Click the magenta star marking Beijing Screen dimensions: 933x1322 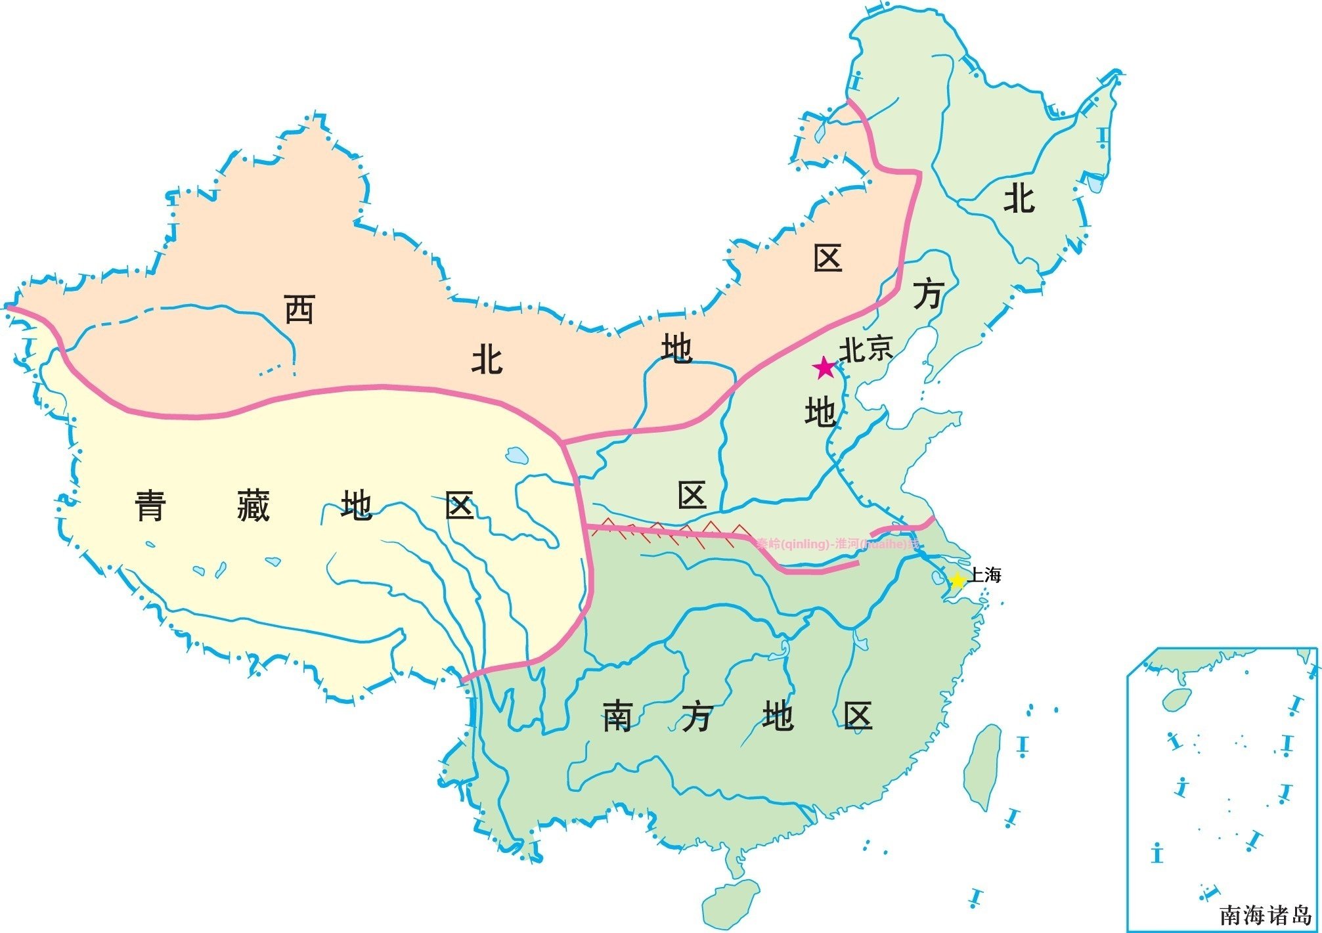[824, 368]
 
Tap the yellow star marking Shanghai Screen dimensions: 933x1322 [957, 580]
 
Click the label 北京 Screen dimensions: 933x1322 [866, 349]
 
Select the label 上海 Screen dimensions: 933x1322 [984, 576]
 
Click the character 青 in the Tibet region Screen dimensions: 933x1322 [150, 506]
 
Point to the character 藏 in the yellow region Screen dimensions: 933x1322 [253, 506]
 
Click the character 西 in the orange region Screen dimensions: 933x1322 [299, 309]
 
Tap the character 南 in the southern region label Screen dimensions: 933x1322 [617, 716]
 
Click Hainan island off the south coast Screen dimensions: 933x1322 [730, 904]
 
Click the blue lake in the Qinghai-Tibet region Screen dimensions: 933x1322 [517, 455]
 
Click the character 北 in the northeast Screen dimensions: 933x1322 [1019, 198]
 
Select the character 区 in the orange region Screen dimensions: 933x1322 [827, 259]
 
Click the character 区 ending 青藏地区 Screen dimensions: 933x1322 [459, 506]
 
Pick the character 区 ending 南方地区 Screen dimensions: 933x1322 [858, 716]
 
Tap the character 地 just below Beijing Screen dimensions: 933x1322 [820, 412]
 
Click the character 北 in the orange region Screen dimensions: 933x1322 [487, 360]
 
